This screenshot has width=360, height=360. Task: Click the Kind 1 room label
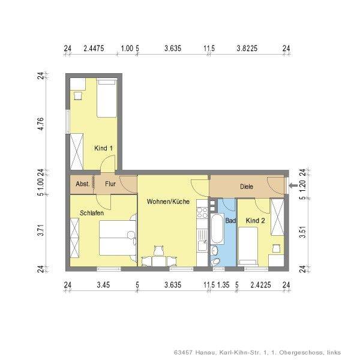103,148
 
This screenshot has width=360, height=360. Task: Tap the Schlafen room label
92,213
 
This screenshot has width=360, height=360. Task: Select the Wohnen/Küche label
168,202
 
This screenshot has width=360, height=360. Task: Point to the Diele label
247,187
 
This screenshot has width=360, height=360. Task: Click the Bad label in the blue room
230,221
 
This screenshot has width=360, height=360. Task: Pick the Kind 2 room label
256,221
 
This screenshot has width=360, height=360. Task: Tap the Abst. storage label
83,184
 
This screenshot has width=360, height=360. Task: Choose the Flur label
110,184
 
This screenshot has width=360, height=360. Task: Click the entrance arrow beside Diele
293,185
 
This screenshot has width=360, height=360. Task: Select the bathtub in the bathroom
217,229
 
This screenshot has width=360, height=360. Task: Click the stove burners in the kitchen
202,212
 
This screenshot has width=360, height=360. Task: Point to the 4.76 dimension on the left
40,124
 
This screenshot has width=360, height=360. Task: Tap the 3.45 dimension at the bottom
103,285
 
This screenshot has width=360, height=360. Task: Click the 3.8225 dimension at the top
247,48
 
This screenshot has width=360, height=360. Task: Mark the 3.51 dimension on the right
303,232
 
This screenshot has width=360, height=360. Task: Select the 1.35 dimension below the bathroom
223,285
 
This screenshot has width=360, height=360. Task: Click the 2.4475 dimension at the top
94,48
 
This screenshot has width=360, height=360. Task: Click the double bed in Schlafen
118,238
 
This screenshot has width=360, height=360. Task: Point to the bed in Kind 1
107,98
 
